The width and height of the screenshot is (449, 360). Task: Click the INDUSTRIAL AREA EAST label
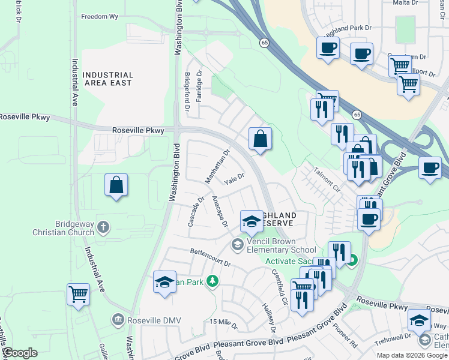[x=107, y=79]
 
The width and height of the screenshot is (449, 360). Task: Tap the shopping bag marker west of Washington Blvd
[x=116, y=185]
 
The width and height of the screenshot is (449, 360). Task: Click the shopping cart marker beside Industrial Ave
[x=78, y=295]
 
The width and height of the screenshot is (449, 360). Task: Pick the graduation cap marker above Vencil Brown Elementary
[x=252, y=221]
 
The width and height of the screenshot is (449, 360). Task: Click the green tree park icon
[x=211, y=281]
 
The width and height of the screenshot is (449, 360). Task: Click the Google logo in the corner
[x=20, y=353]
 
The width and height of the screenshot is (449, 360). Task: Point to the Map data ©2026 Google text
[x=411, y=356]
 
